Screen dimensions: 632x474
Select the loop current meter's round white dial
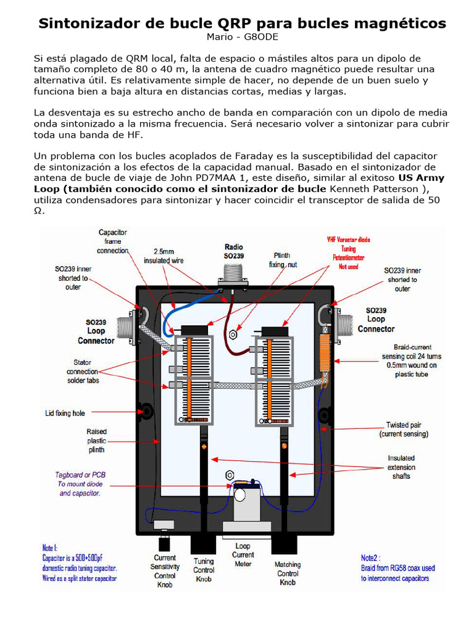(x=239, y=494)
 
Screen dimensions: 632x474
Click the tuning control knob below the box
(x=203, y=544)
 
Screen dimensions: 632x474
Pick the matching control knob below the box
(x=284, y=544)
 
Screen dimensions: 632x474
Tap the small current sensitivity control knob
(x=164, y=543)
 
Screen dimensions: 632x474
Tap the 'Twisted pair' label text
(x=404, y=425)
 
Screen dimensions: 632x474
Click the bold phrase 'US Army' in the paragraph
(x=425, y=178)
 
